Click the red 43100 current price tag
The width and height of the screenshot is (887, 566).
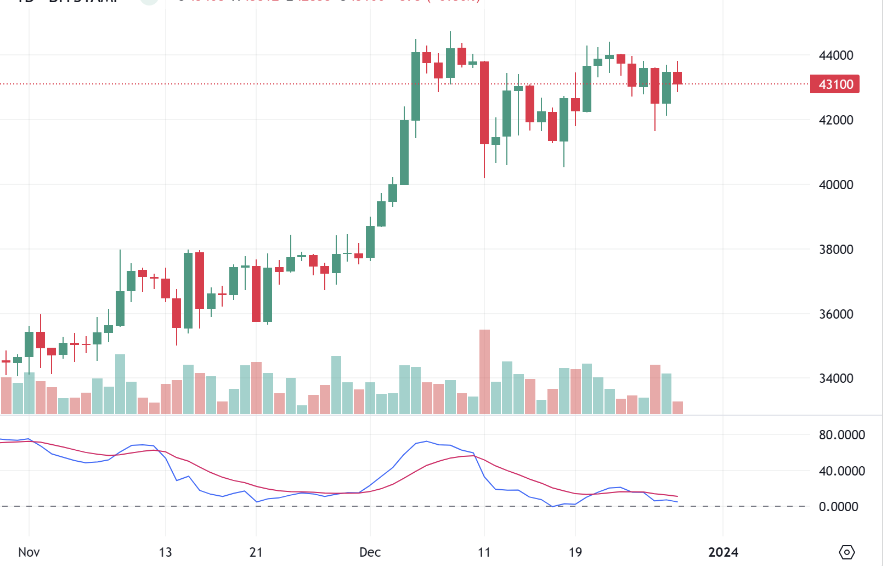pos(835,84)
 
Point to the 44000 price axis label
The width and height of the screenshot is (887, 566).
pos(835,55)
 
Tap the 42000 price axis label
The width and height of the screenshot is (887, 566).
pos(835,120)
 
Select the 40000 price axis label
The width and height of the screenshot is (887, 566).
pos(835,185)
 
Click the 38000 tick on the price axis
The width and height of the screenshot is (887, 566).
pos(835,250)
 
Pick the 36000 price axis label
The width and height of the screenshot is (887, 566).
pos(835,314)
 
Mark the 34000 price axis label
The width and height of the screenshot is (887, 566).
pos(835,378)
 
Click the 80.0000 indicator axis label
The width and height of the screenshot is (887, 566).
pos(841,435)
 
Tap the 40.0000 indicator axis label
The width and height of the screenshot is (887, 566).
pos(841,471)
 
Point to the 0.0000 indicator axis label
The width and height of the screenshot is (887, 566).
pos(838,507)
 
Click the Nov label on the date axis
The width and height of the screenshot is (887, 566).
pos(29,552)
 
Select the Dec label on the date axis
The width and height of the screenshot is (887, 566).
pos(370,552)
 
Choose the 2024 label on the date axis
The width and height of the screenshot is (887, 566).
pos(723,552)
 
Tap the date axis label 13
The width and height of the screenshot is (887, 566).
pos(165,552)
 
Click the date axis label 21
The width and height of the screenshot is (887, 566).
pos(256,552)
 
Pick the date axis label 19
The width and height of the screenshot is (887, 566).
pos(575,552)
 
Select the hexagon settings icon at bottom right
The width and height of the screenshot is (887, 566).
pos(847,552)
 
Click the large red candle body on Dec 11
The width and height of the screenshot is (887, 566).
pos(484,103)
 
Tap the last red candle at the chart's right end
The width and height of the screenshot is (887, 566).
pos(677,78)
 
